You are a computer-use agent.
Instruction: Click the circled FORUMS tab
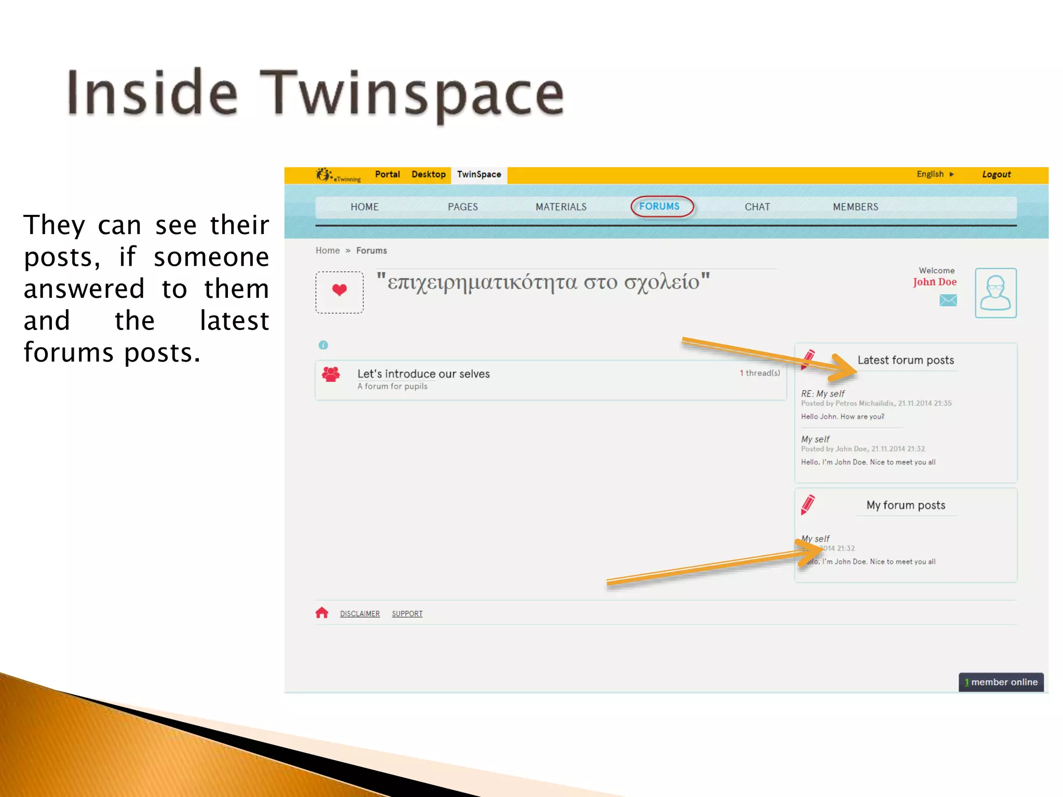659,207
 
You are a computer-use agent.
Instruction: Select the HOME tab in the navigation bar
364,207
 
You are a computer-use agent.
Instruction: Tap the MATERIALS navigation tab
561,207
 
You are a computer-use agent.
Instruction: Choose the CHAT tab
757,207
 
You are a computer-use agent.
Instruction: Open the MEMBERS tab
855,207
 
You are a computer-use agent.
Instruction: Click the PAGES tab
462,207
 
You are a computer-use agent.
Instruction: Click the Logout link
996,174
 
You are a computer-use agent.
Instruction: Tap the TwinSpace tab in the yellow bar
479,175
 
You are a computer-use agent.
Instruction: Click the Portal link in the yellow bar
387,174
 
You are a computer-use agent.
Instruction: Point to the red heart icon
339,290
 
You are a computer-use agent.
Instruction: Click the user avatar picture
995,293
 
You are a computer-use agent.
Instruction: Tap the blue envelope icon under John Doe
948,300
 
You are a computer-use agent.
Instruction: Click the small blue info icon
323,345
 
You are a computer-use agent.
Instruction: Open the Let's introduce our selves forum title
423,374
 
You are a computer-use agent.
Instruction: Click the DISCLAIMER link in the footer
360,614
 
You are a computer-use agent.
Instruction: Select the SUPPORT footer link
407,614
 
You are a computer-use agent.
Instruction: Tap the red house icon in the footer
322,613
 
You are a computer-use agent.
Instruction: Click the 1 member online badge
1001,682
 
